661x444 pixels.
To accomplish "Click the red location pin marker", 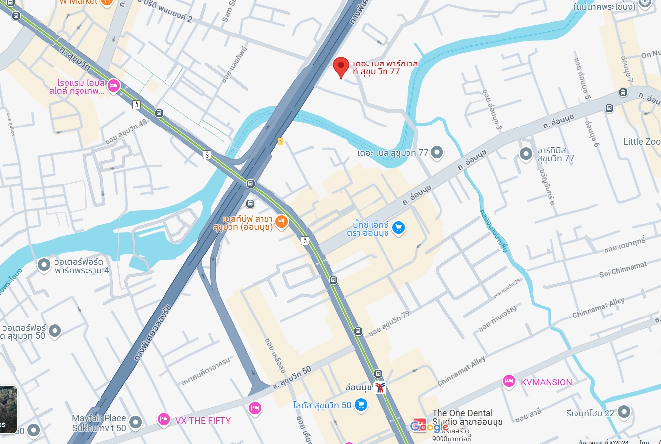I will (340, 66).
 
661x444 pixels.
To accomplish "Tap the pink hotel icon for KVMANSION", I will (509, 381).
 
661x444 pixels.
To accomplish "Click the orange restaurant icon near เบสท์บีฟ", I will (281, 221).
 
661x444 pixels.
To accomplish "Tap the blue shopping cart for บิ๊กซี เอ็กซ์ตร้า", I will (398, 228).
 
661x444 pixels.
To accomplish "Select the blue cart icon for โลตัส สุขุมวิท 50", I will (361, 405).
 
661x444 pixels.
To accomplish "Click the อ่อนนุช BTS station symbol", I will (380, 388).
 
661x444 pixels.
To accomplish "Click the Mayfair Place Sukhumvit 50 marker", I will (135, 423).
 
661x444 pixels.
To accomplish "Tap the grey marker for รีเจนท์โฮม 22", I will (624, 411).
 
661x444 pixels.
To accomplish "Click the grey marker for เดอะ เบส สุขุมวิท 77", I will (437, 153).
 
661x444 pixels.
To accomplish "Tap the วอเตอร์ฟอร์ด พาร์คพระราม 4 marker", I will (44, 265).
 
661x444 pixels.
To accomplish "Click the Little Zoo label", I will (641, 142).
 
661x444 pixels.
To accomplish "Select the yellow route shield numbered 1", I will (280, 142).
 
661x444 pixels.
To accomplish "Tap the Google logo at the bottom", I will (429, 426).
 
